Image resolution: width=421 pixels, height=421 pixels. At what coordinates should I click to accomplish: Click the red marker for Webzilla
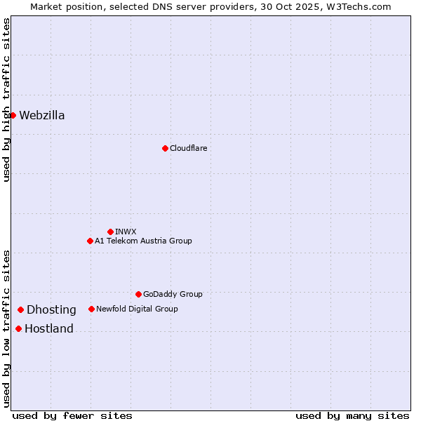tap(13, 115)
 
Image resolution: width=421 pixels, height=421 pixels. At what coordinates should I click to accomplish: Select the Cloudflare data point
tap(165, 148)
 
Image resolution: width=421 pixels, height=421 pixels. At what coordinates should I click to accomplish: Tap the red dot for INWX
tap(110, 232)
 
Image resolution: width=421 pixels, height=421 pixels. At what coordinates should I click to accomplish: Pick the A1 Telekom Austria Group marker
tap(90, 241)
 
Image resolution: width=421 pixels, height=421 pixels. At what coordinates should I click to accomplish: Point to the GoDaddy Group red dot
tap(138, 294)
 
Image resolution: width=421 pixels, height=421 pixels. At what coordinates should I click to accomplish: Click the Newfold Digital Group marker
tap(91, 309)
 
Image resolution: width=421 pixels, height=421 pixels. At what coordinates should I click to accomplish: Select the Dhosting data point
tap(21, 309)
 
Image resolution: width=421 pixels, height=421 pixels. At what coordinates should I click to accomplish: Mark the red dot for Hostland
tap(18, 328)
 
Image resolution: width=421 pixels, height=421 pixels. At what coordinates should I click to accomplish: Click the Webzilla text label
tap(42, 116)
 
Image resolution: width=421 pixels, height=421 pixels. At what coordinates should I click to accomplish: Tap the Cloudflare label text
tap(188, 148)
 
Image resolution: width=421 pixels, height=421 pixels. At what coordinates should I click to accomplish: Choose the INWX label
tap(126, 232)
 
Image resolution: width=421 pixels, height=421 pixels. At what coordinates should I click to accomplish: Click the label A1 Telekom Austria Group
tap(143, 241)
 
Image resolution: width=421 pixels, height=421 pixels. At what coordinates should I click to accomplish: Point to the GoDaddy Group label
tap(173, 294)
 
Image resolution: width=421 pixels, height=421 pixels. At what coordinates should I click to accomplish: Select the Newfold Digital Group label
tap(137, 309)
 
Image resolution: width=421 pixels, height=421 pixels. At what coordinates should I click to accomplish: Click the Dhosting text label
tap(51, 310)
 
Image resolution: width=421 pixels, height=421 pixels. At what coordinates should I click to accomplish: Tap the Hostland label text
tap(49, 329)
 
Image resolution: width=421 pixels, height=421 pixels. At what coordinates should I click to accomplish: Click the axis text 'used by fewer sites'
tap(72, 415)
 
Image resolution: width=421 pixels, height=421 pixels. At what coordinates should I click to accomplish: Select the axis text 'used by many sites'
tap(352, 415)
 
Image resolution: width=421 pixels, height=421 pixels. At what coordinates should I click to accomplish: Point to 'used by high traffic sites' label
tap(6, 100)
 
